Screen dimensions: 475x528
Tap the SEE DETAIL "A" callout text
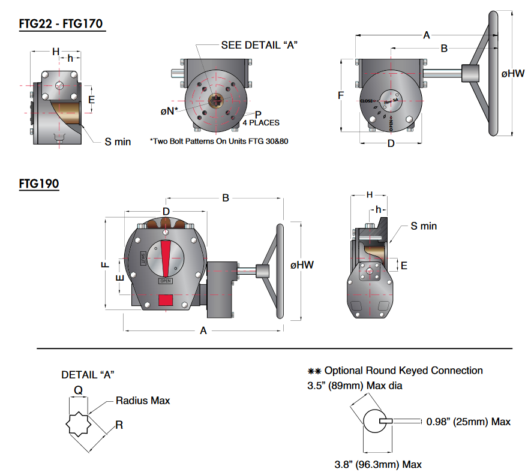[x=259, y=45]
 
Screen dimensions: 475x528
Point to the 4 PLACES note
[x=260, y=122]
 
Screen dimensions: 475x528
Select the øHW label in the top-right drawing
[x=513, y=74]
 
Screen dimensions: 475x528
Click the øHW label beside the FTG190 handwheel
[x=302, y=264]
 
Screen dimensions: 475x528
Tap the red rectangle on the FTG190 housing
[x=166, y=299]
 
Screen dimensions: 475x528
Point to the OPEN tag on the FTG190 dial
[x=166, y=280]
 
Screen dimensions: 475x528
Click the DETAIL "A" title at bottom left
[x=88, y=374]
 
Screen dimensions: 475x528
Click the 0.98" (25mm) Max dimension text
[x=469, y=422]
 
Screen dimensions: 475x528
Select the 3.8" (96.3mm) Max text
[x=378, y=464]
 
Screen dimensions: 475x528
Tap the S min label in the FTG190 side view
[x=424, y=226]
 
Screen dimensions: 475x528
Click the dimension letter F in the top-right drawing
[x=340, y=95]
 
